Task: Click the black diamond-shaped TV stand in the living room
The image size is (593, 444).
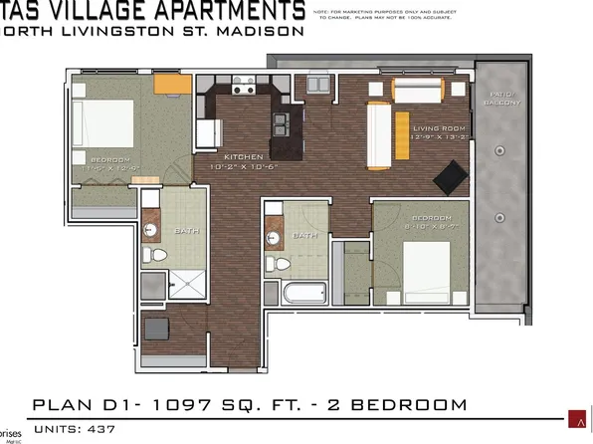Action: tap(450, 177)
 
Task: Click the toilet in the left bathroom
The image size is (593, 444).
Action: tap(152, 256)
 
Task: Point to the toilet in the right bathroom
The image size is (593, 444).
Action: tap(282, 264)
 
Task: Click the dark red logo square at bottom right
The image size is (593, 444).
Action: tap(574, 417)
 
